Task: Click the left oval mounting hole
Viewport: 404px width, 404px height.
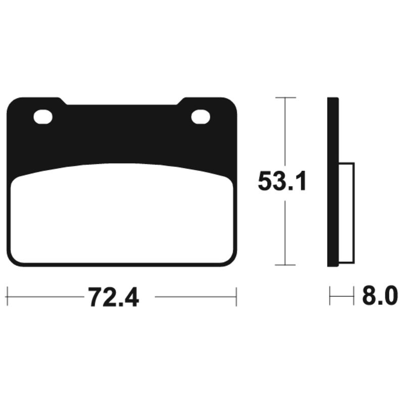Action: click(43, 117)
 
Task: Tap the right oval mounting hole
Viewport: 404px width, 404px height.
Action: click(200, 117)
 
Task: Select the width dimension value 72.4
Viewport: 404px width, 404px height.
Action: click(113, 297)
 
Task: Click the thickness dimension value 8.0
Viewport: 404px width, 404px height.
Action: click(379, 296)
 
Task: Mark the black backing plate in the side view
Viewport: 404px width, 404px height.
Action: click(332, 182)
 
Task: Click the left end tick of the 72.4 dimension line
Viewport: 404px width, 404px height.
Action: click(7, 297)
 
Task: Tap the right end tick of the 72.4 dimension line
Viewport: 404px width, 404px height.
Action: click(236, 297)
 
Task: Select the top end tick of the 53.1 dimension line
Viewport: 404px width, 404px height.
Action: click(286, 97)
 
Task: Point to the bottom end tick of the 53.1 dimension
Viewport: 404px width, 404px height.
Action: click(286, 265)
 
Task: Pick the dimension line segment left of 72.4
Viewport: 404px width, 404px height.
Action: click(45, 297)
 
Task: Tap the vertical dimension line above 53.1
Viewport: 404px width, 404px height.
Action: click(286, 131)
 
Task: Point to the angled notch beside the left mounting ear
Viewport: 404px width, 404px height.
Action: click(63, 102)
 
